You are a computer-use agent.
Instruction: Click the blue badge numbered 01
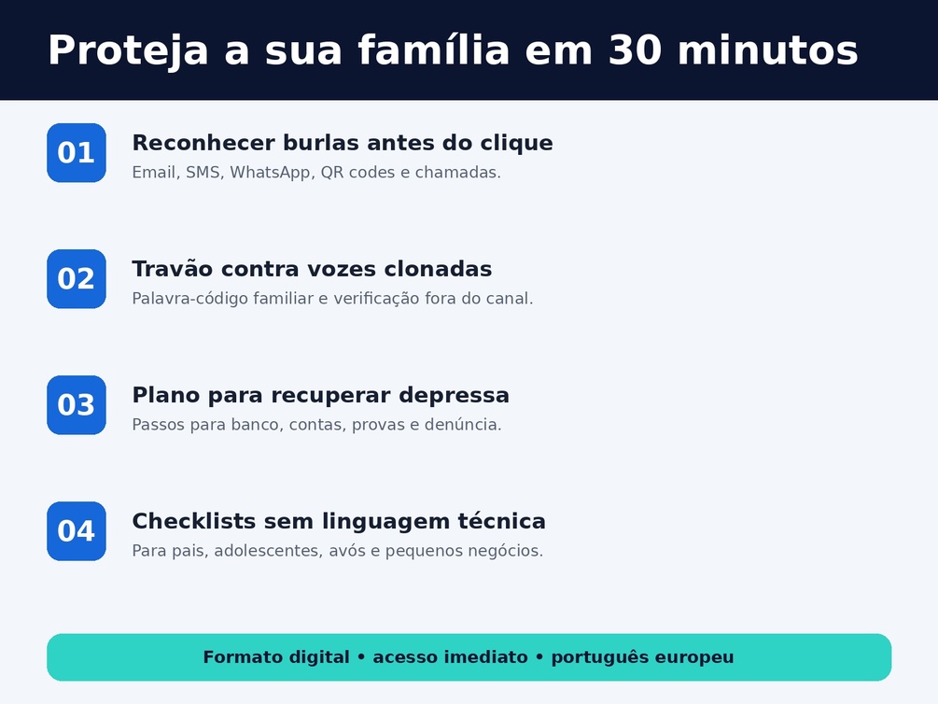[x=77, y=152]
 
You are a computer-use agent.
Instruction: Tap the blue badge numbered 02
[x=77, y=279]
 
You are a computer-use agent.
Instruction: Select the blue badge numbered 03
[x=77, y=405]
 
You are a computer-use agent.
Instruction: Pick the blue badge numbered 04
[x=77, y=531]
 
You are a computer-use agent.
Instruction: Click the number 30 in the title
[x=635, y=49]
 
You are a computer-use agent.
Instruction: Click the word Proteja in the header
[x=128, y=50]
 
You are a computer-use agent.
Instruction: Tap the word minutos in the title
[x=767, y=49]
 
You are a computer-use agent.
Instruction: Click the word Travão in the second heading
[x=173, y=269]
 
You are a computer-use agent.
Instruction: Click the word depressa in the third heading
[x=454, y=396]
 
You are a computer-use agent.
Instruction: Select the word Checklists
[x=194, y=521]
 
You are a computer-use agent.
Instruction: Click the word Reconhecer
[x=203, y=143]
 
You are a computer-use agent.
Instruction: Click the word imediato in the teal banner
[x=451, y=657]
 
